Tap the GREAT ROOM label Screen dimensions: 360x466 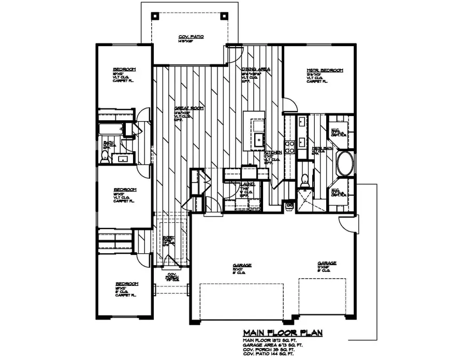(188, 108)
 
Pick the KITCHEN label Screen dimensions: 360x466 (273, 153)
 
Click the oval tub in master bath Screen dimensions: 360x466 (345, 164)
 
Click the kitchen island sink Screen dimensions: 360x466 (257, 138)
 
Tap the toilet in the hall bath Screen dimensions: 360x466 (105, 161)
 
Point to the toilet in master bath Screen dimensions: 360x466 (304, 180)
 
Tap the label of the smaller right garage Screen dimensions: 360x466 (327, 263)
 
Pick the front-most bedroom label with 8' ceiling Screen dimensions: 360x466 (126, 284)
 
